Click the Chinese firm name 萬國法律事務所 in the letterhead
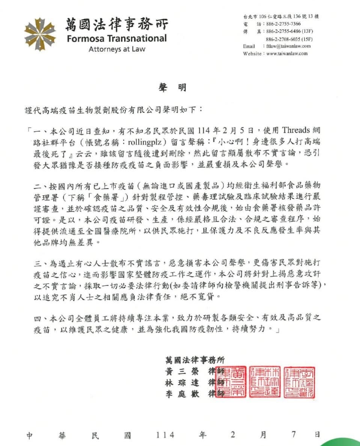pos(117,24)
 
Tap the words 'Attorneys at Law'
pos(117,49)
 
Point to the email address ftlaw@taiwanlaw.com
pos(288,46)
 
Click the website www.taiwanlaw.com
pos(287,53)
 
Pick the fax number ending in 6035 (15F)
pos(289,39)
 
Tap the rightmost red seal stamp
pos(299,382)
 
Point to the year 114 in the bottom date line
pos(166,435)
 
